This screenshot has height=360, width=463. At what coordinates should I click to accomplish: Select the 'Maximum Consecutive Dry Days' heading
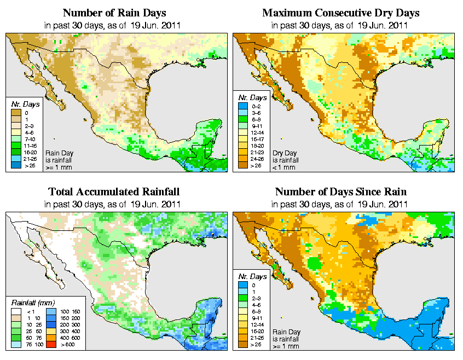point(341,13)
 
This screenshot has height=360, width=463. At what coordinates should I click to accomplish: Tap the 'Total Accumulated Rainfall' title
point(114,192)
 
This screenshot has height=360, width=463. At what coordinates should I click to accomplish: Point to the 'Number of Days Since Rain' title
point(341,192)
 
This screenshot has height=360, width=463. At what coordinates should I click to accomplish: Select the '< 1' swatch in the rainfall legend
point(16,311)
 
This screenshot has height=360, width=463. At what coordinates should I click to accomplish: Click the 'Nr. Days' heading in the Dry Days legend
point(254,97)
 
